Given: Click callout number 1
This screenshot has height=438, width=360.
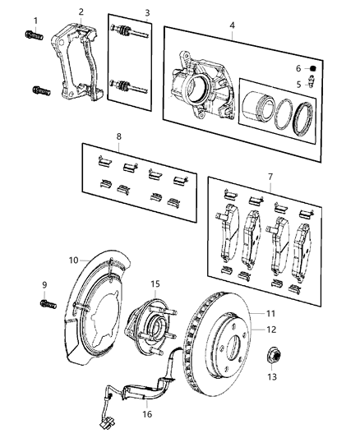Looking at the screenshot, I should click(35, 19).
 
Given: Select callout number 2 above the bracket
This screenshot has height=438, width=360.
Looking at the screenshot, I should click(81, 12).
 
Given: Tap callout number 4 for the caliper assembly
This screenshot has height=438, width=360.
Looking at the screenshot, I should click(233, 25).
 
